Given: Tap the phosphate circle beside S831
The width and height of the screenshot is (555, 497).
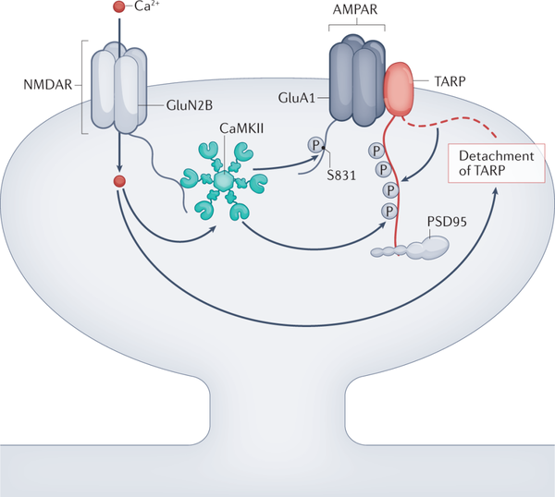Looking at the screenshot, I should pyautogui.click(x=315, y=146).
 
